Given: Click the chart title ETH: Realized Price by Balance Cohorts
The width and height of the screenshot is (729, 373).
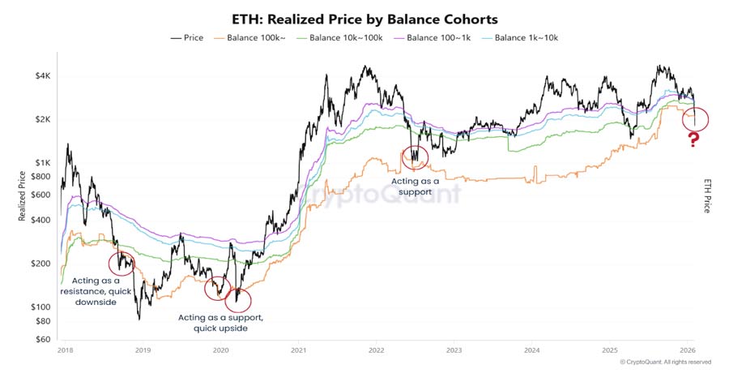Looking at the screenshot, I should (x=364, y=18).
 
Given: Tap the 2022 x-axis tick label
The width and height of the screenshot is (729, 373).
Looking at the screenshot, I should (x=376, y=350).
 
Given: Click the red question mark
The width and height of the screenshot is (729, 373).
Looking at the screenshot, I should (x=693, y=141).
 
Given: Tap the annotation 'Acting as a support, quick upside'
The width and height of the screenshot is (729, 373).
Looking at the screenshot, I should (x=220, y=322).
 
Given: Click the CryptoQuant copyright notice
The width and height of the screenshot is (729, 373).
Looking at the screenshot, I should (x=665, y=362).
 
